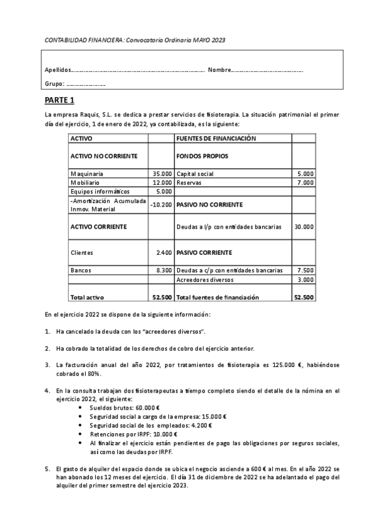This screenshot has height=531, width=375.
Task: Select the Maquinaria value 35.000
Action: [x=162, y=173]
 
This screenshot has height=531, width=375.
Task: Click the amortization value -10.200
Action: [x=162, y=204]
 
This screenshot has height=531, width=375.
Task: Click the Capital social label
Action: [x=195, y=173]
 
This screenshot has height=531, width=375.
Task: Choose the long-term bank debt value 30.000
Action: [x=304, y=227]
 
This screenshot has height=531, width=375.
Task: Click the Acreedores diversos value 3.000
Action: [x=306, y=279]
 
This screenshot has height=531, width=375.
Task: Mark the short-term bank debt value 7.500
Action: [x=306, y=270]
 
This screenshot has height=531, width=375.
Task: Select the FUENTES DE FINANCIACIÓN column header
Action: [x=217, y=138]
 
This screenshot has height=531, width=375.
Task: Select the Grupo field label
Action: [x=54, y=84]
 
